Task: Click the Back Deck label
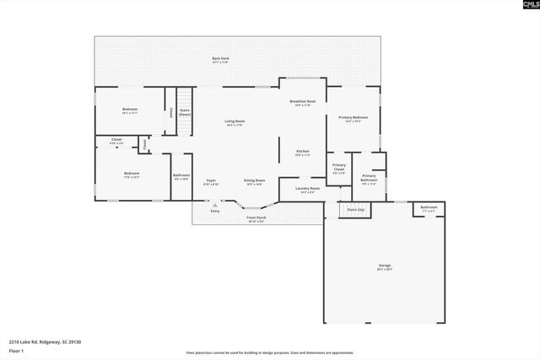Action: coord(219,59)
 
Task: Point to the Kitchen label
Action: coord(302,153)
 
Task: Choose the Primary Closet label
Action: coord(338,168)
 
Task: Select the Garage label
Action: coord(384,266)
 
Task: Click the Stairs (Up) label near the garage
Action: coord(356,208)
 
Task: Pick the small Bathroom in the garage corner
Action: coord(429,207)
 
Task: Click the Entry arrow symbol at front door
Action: coord(216,204)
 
